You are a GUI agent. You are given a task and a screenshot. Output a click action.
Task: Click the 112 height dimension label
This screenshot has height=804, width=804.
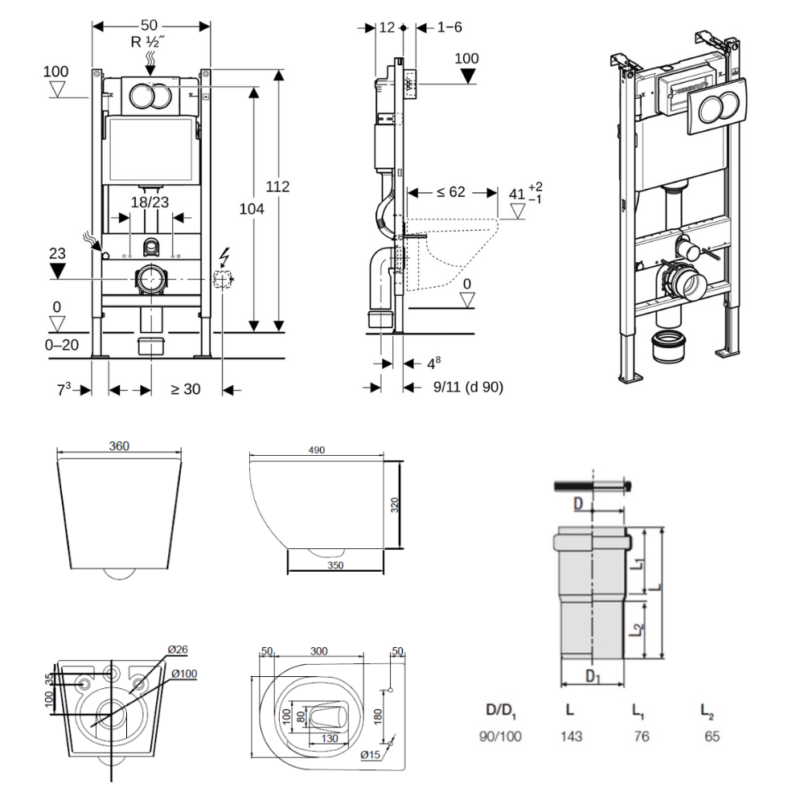[x=278, y=187]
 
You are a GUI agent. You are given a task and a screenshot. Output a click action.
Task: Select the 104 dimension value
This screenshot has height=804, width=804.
[x=252, y=208]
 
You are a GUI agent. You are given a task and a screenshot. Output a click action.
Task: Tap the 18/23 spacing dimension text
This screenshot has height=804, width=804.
[x=150, y=203]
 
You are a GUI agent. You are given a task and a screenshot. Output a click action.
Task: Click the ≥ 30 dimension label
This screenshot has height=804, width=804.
[x=186, y=390]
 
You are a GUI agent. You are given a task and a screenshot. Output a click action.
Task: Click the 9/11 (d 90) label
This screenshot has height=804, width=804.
[x=468, y=387]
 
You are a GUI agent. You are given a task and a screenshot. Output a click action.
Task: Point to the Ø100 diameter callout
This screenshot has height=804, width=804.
[x=183, y=674]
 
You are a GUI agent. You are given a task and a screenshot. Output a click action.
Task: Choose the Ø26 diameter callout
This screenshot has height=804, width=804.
[x=178, y=650]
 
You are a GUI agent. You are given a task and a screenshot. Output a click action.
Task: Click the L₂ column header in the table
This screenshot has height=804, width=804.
[x=707, y=711]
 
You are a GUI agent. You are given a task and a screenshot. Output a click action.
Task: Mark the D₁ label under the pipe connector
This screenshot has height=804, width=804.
[x=593, y=677]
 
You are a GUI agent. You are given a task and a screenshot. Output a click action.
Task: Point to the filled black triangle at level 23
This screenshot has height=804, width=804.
[x=56, y=270]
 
